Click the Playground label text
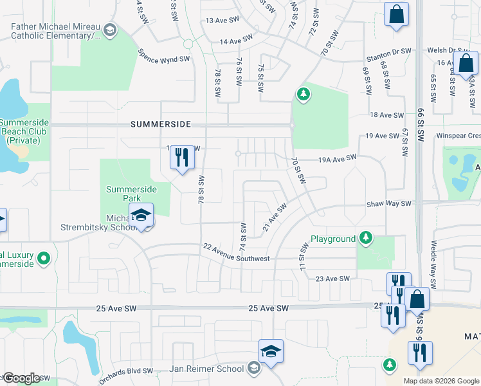(x=333, y=239)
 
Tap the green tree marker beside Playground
(x=366, y=239)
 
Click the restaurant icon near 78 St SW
(x=182, y=156)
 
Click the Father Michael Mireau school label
(x=56, y=32)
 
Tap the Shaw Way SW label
(x=388, y=203)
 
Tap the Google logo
(x=21, y=378)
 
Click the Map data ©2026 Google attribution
(x=440, y=381)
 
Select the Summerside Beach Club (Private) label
(x=19, y=131)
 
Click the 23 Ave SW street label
(x=332, y=279)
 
